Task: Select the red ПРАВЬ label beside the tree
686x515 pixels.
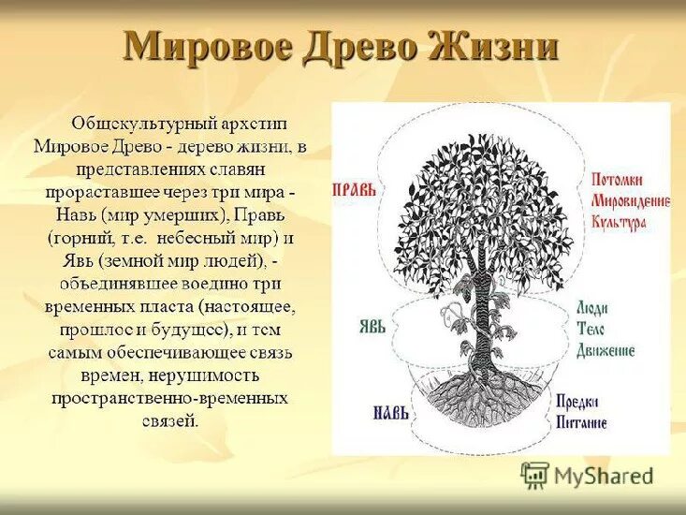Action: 355,189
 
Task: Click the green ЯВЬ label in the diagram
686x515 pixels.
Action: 372,326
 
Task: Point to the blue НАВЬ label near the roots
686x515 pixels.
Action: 387,412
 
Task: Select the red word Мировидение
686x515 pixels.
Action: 629,200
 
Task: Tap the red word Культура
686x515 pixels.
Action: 619,221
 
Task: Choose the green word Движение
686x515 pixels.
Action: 606,350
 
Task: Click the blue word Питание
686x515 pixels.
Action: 582,422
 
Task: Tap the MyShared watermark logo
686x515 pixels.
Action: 587,476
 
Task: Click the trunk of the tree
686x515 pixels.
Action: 481,309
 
